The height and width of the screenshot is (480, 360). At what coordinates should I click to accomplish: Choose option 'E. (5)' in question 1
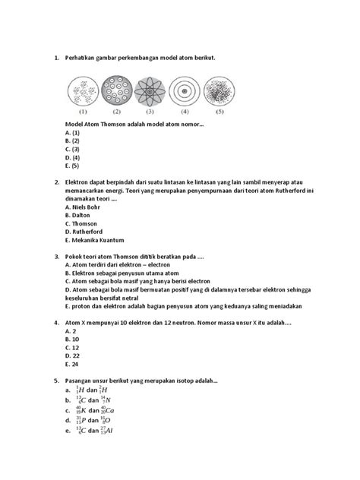(74, 165)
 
